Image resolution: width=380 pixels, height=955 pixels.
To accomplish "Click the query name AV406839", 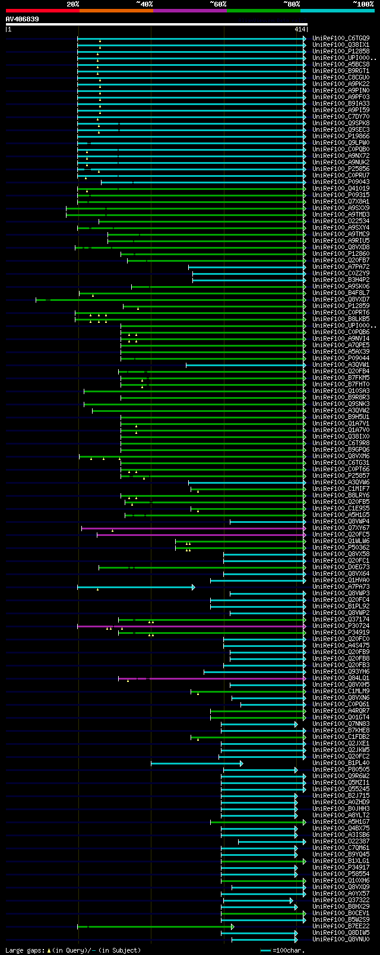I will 23,19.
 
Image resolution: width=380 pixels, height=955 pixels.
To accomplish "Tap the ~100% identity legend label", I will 363,4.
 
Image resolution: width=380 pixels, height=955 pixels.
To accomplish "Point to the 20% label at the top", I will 73,4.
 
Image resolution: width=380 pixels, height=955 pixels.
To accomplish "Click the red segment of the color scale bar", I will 42,11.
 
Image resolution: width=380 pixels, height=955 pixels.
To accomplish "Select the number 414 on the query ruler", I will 299,29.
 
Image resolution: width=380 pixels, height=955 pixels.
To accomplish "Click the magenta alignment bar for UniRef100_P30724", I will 190,626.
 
